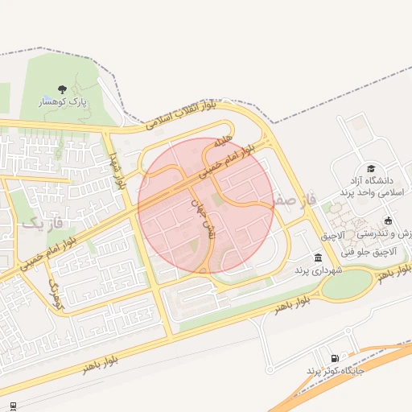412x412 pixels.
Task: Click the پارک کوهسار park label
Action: (x=63, y=103)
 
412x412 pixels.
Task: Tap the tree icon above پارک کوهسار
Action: (x=63, y=89)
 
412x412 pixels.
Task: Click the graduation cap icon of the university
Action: (x=371, y=168)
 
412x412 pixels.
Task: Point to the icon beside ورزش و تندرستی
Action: (x=389, y=220)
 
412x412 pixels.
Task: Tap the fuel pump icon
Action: (x=334, y=358)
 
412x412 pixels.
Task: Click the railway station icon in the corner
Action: (x=12, y=404)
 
